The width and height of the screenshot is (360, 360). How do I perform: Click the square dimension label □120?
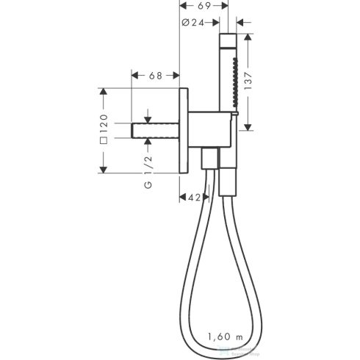(x=104, y=130)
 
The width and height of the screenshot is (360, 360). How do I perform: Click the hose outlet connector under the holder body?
(x=209, y=159)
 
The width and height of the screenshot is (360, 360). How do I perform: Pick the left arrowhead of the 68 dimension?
(x=134, y=74)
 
